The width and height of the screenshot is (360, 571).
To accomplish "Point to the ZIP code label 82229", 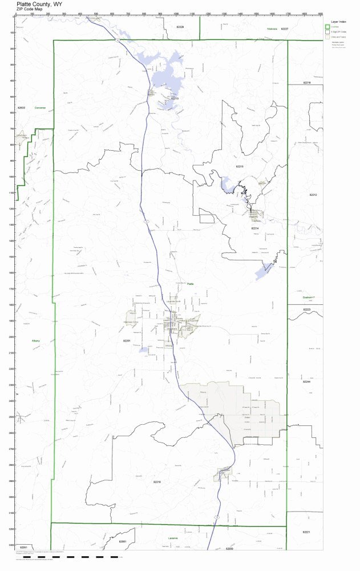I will [180, 27].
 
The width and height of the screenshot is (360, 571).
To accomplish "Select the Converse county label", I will [39, 107].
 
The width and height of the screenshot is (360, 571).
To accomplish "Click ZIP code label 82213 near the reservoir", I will [175, 98].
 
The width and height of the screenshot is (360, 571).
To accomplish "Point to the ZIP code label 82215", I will [240, 166].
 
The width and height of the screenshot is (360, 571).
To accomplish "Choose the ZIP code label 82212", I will [313, 195].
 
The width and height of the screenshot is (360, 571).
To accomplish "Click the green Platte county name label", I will [191, 283].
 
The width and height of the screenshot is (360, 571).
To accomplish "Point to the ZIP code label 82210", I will [157, 482].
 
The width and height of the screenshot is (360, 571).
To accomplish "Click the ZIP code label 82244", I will [306, 381].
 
